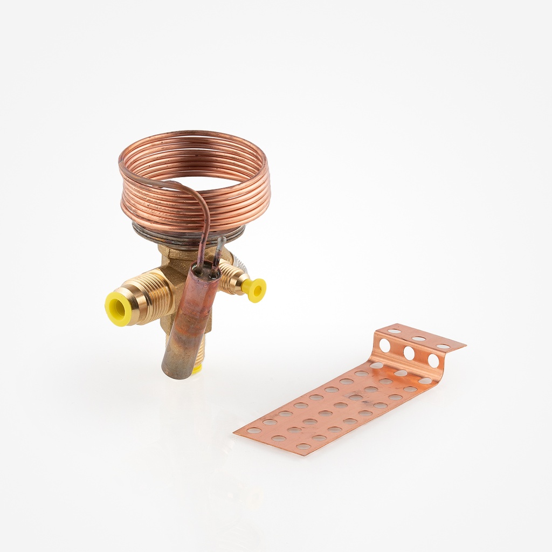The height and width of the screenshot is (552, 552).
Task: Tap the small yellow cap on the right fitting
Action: tap(254, 289)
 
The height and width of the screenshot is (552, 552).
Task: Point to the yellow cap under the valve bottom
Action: tap(197, 369)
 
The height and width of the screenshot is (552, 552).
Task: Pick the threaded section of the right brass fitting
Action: tap(231, 278)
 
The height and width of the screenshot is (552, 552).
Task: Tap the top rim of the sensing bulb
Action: tap(206, 273)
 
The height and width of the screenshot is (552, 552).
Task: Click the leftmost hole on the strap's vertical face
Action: tap(385, 345)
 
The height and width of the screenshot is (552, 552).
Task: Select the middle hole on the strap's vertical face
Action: tap(409, 353)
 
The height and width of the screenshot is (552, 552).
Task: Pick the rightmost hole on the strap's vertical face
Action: tap(433, 361)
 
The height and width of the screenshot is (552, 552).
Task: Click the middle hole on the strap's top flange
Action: tap(419, 339)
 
